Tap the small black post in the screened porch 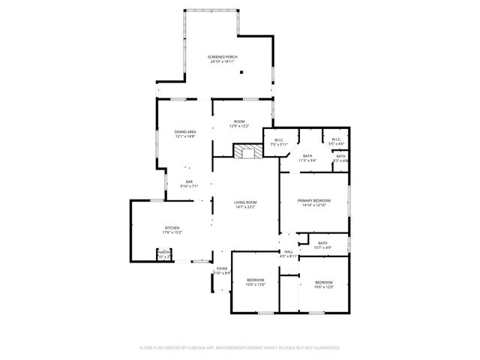(x=241, y=73)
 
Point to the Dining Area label (x=185, y=131)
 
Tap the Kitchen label (x=172, y=228)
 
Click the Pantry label (x=164, y=253)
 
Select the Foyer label (x=222, y=268)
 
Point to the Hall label (x=288, y=252)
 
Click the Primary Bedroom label (x=314, y=201)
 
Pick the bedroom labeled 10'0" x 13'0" (x=256, y=282)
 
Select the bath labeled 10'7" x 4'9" (x=322, y=245)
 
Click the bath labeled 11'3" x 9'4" (x=307, y=157)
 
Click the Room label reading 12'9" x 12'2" (x=239, y=124)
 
